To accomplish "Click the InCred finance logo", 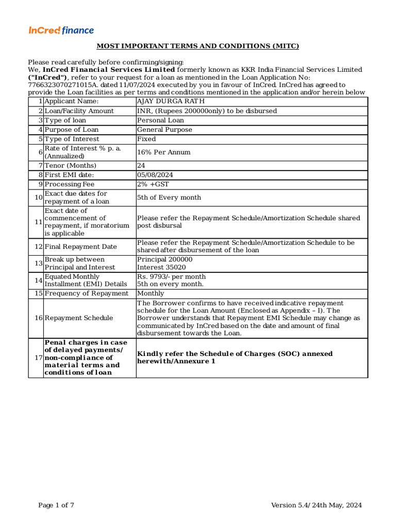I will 61,30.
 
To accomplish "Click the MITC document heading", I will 198,46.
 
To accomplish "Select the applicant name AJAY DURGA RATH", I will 171,101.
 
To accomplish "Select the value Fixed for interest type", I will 146,139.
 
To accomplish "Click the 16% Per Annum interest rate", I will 163,152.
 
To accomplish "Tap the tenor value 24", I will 141,166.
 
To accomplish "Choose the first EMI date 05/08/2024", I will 155,175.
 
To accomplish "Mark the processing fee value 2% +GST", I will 153,184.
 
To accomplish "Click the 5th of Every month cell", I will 169,198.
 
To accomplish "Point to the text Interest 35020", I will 161,268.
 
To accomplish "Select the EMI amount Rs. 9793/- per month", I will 171,277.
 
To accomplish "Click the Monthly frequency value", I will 151,293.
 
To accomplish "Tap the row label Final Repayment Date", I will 80,247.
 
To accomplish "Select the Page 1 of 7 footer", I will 56,506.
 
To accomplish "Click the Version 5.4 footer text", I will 317,506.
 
